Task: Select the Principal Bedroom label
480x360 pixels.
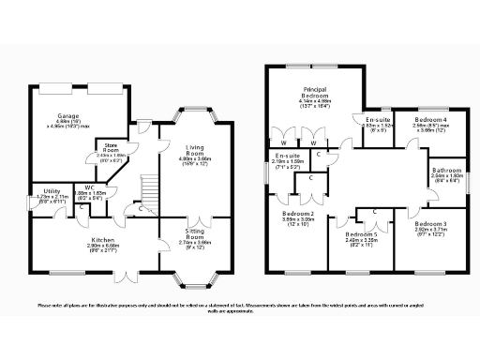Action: tap(313, 94)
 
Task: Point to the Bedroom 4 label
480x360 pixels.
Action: tap(432, 120)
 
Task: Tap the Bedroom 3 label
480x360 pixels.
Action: tap(431, 223)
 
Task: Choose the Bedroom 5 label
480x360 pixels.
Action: tap(359, 233)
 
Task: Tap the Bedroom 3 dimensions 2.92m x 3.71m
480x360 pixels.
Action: tap(431, 229)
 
